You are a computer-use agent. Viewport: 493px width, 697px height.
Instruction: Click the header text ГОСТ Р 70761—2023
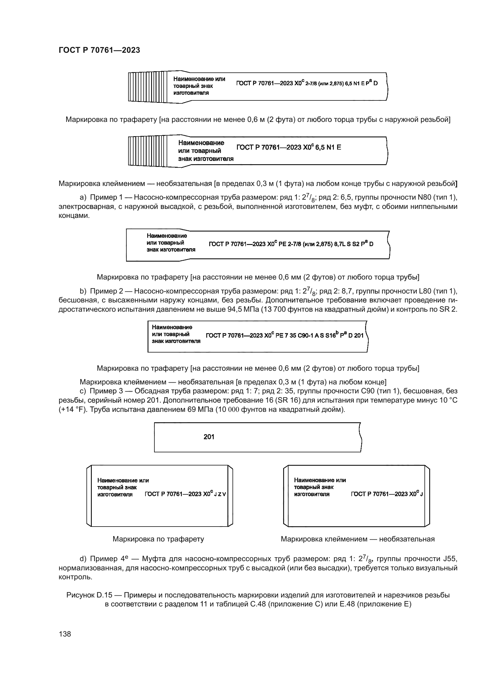(99, 50)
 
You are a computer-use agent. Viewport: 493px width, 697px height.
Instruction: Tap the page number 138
(65, 634)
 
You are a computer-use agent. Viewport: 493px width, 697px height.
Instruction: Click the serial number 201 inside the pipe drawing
(209, 437)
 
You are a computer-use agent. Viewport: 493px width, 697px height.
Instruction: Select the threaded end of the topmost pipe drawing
(148, 87)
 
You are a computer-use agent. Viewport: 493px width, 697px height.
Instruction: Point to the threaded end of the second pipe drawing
(148, 151)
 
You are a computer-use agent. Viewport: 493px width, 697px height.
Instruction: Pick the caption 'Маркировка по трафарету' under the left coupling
(158, 539)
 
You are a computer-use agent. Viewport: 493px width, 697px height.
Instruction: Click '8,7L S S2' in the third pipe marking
(347, 244)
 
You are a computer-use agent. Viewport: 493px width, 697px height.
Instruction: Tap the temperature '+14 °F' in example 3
(73, 409)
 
